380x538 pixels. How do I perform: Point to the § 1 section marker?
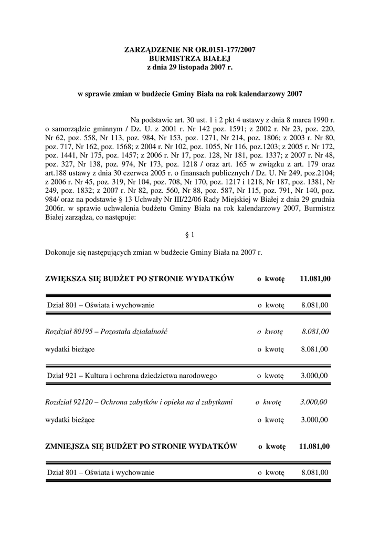click(190, 235)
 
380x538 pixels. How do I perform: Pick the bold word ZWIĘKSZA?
click(68, 278)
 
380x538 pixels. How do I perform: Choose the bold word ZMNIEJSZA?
click(70, 447)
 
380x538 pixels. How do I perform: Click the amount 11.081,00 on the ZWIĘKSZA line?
click(315, 278)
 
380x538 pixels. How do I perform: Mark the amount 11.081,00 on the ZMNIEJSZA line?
click(314, 447)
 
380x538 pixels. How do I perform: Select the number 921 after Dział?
click(72, 376)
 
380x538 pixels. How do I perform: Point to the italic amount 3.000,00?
click(314, 402)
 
